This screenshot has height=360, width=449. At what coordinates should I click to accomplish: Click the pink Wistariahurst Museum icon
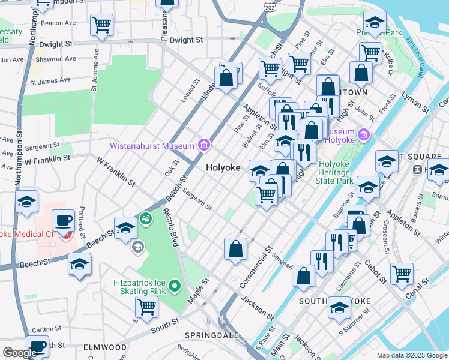[x=203, y=145]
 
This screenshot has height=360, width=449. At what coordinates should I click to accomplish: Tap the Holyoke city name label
[x=224, y=168]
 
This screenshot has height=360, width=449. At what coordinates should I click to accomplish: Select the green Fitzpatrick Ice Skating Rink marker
[x=175, y=286]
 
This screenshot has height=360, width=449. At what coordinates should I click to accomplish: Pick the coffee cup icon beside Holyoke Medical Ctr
[x=63, y=221]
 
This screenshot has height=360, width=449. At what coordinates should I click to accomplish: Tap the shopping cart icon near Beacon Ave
[x=101, y=25]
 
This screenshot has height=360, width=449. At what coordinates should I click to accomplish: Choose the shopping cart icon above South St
[x=146, y=307]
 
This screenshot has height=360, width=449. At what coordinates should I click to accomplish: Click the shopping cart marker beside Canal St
[x=402, y=274]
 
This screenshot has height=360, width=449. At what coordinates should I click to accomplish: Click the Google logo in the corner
[x=20, y=353]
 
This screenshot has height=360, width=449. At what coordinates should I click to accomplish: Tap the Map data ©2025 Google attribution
[x=412, y=355]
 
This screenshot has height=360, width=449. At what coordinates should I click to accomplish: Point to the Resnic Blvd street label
[x=172, y=229]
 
